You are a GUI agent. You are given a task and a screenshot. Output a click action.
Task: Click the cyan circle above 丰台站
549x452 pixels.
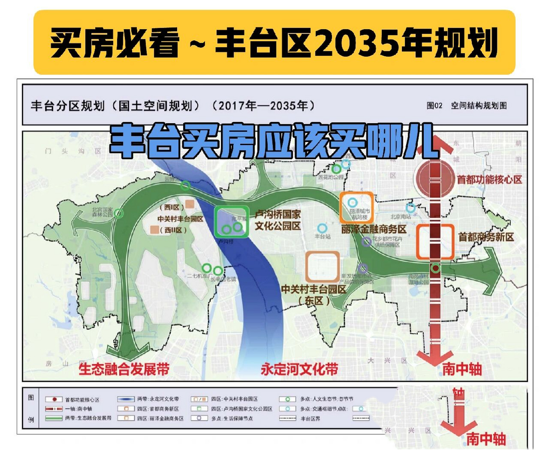(x=322, y=228)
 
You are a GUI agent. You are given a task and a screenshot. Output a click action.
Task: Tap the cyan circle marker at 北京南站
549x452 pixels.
(x=410, y=208)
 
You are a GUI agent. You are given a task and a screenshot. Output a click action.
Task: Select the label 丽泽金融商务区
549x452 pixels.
(x=374, y=229)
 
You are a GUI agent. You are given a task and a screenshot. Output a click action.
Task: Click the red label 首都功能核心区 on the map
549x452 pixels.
(x=489, y=179)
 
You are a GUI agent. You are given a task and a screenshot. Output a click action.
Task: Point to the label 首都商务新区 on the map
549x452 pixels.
(x=486, y=237)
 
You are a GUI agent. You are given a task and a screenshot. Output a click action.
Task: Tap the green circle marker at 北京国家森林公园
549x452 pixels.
(x=119, y=213)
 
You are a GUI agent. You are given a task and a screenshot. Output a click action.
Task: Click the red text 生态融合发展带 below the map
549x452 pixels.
(x=124, y=369)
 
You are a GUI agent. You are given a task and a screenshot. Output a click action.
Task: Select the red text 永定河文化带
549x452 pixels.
(x=299, y=369)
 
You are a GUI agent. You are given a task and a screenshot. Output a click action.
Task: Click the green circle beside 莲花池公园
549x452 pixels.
(x=336, y=169)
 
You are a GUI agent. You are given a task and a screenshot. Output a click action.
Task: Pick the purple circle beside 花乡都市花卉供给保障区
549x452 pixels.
(x=367, y=242)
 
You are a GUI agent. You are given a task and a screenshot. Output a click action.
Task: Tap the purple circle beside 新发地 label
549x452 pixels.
(x=363, y=268)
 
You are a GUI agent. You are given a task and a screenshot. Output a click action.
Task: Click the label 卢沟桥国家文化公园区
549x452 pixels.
(x=278, y=220)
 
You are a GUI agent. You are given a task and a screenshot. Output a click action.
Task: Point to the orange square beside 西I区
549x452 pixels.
(x=190, y=204)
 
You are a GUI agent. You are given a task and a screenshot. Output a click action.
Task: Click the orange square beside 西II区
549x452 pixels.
(x=154, y=230)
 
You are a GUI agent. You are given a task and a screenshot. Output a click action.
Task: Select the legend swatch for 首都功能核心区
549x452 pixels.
(x=54, y=399)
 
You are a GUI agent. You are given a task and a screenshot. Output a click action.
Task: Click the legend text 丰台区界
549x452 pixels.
(x=310, y=418)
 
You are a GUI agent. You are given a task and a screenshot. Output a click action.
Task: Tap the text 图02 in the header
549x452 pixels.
(x=434, y=106)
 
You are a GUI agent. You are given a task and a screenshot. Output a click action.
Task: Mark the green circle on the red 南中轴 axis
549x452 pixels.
(x=436, y=268)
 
